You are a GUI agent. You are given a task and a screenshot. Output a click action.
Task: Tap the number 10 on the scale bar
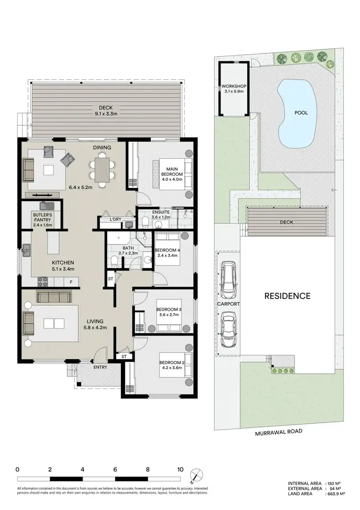coord(180,469)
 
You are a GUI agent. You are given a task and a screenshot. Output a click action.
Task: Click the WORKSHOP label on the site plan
coord(233,86)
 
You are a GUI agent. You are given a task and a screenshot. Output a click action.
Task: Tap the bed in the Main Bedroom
coord(173,175)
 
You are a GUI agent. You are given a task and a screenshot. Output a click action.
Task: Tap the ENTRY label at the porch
coord(100,367)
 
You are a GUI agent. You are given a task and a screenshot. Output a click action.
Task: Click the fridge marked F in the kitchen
coord(72,282)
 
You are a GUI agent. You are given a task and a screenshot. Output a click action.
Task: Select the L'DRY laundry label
coord(115,219)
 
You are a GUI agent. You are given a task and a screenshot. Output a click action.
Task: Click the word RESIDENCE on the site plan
coord(287,296)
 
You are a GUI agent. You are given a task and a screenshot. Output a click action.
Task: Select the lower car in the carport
coord(228,329)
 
